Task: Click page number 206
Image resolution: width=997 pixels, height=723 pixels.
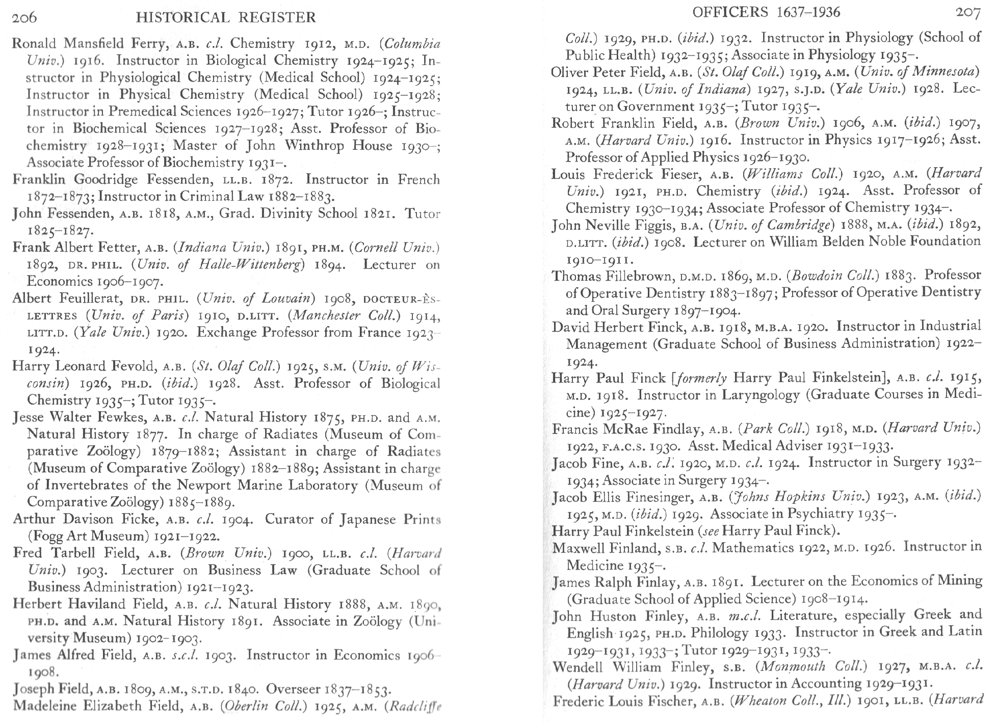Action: pos(24,18)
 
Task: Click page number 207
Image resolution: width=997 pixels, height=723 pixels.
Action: pos(967,12)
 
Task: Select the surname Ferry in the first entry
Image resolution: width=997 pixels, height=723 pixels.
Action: pos(150,44)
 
